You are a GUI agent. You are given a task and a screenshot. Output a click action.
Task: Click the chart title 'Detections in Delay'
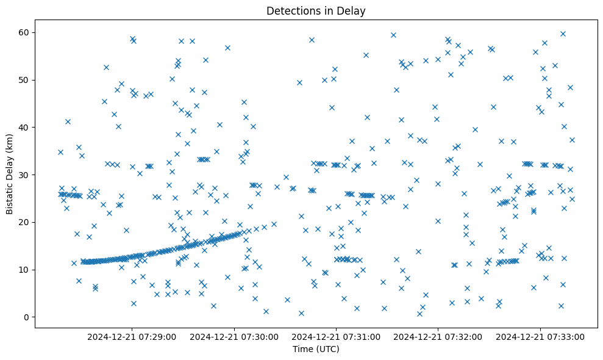(x=316, y=10)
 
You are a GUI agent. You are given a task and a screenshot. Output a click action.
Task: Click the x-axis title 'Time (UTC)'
(x=316, y=350)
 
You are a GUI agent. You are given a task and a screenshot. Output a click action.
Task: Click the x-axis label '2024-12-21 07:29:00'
(x=132, y=337)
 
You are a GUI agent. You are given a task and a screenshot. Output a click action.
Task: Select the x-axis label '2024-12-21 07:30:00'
(x=234, y=337)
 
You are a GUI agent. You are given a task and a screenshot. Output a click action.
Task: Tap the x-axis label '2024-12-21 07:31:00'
(x=336, y=337)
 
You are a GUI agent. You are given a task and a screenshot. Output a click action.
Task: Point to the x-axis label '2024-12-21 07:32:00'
(x=438, y=337)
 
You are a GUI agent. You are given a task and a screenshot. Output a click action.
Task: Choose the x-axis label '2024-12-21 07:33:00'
(x=541, y=337)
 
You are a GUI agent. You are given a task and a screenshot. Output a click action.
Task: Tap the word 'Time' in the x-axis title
(x=302, y=350)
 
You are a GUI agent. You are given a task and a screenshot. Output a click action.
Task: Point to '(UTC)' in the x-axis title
(x=327, y=350)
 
